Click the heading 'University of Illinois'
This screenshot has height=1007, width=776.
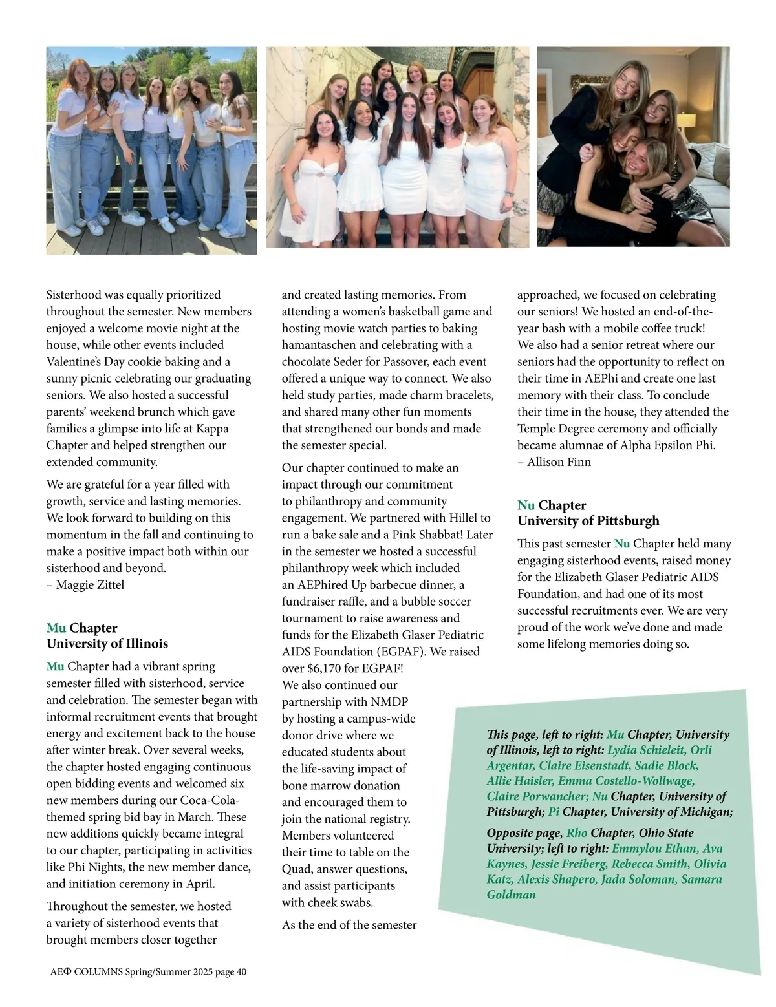[107, 644]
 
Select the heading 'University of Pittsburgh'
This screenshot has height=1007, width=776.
[588, 521]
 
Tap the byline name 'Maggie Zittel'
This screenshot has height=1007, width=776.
[90, 585]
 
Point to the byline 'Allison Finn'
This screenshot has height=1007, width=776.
[559, 462]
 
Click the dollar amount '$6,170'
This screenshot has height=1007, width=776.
[327, 668]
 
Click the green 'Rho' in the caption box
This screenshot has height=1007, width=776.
[577, 833]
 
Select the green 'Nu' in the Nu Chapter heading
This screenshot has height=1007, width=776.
[526, 505]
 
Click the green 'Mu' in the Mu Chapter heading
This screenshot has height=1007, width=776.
[56, 628]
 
